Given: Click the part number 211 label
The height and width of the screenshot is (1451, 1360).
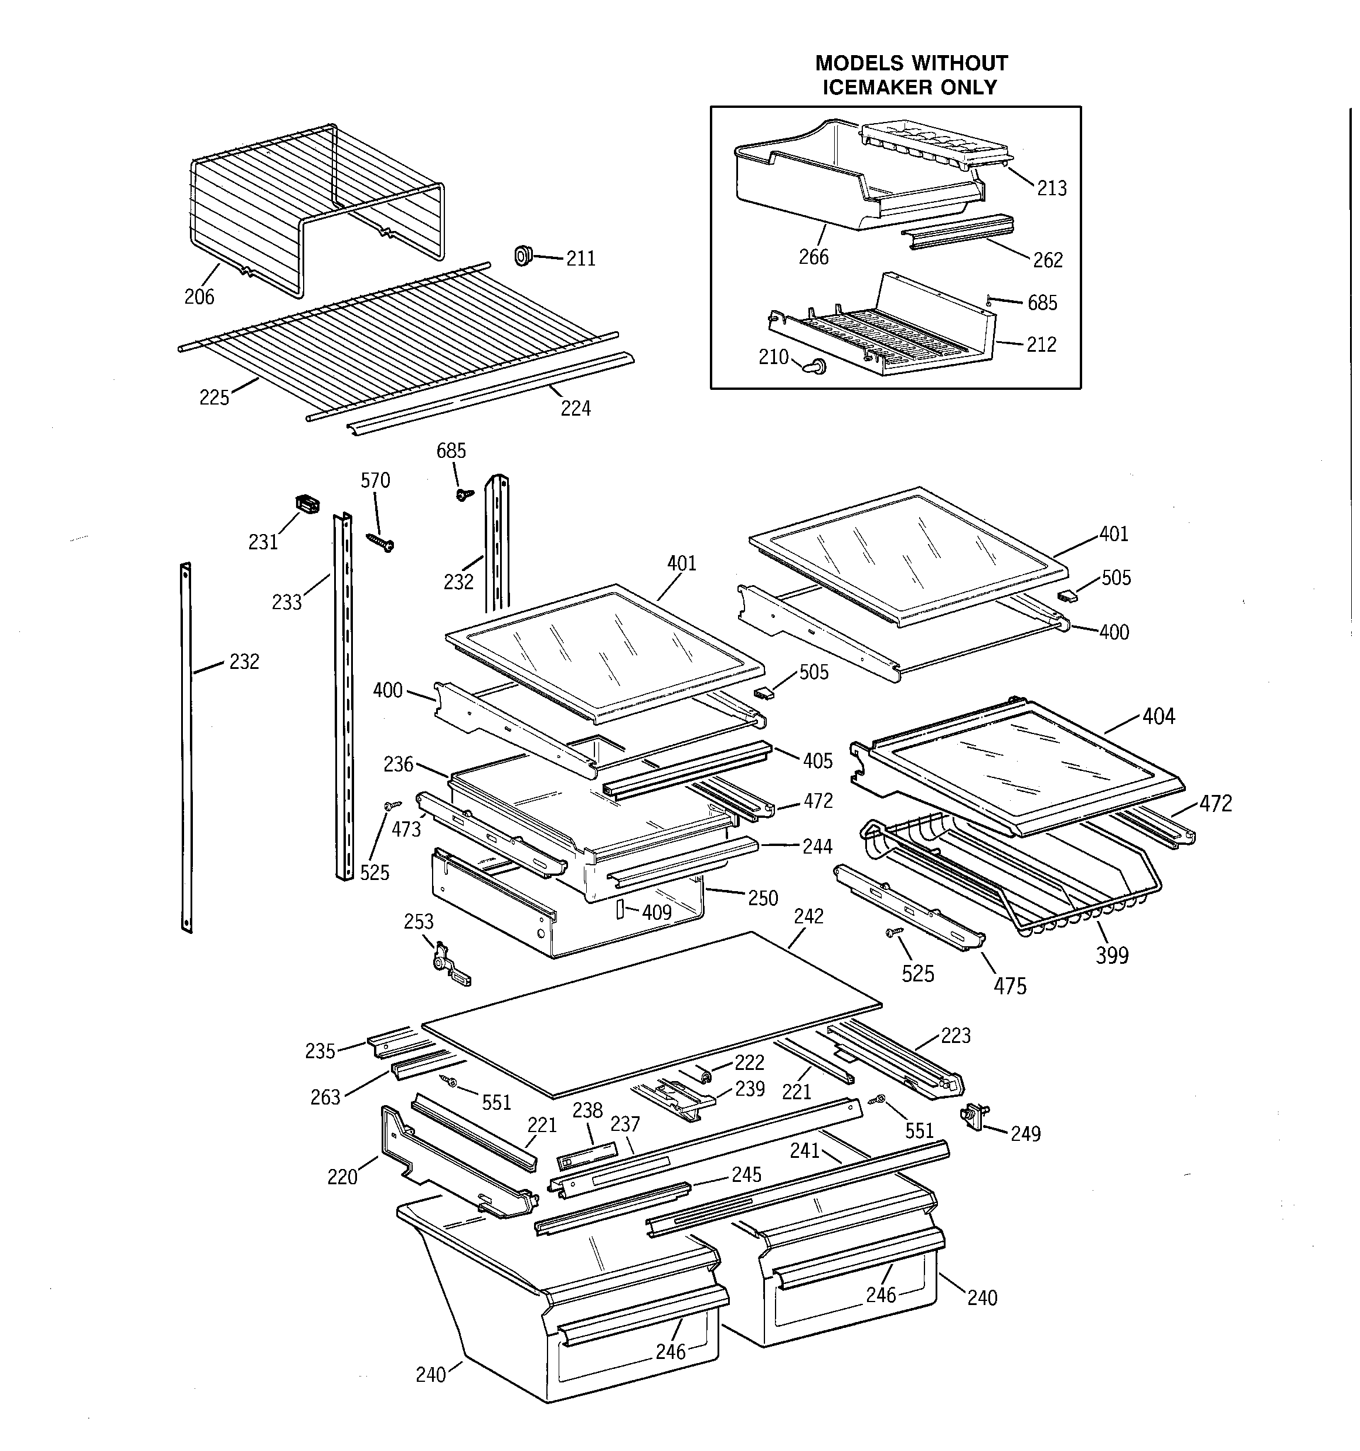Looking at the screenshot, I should [580, 259].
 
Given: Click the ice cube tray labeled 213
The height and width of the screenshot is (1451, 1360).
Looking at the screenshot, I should [936, 145].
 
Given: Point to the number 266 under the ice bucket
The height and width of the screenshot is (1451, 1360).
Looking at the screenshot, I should [813, 257].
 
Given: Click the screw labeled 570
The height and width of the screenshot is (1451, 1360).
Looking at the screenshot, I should [382, 542].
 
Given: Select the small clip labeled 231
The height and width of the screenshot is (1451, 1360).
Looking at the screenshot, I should [307, 504].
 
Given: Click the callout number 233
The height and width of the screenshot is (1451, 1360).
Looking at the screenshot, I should [287, 602].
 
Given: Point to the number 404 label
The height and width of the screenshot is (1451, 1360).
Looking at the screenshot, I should [1158, 717].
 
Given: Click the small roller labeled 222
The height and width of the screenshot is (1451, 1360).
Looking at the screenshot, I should [705, 1075].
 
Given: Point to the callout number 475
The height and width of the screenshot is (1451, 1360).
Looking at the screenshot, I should [1009, 986].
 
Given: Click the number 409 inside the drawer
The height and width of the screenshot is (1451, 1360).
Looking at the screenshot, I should [657, 912].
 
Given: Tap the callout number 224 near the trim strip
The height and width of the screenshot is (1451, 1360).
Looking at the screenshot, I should [575, 409].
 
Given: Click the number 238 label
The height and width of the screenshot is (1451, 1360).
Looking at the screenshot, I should [587, 1110].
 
